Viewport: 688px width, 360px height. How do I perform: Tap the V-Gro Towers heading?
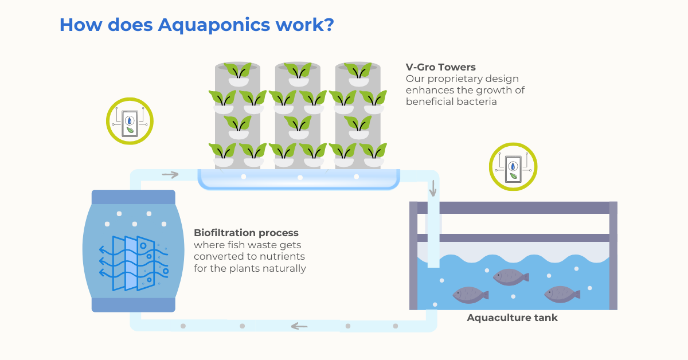point(440,67)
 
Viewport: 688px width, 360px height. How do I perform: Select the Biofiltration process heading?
point(246,233)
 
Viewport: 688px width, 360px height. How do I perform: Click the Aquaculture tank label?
point(512,318)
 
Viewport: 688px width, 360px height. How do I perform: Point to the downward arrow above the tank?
point(433,187)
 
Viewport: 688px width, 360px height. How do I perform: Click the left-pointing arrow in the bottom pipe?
point(299,326)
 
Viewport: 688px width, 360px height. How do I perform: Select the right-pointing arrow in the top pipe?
point(170,174)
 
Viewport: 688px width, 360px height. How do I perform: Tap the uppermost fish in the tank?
point(510,277)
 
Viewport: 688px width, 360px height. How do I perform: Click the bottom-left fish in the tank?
point(470,295)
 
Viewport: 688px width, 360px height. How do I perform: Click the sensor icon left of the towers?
point(130,121)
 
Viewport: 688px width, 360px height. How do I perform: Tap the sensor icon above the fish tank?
point(513,166)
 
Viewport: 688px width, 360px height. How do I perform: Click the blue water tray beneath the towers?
point(299,179)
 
